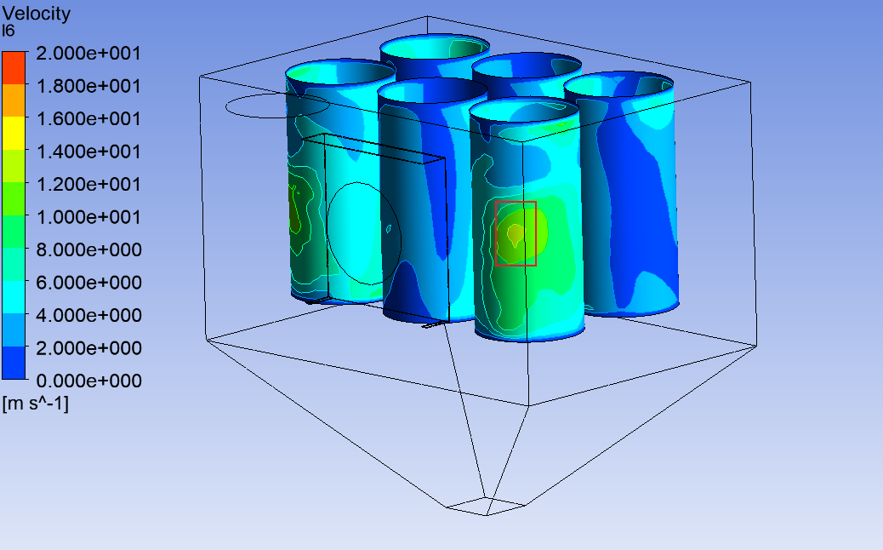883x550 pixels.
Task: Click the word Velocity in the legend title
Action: pos(37,14)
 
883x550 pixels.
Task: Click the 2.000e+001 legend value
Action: pos(88,54)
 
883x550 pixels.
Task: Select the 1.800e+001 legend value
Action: pos(88,86)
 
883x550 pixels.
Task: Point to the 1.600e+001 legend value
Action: pos(88,119)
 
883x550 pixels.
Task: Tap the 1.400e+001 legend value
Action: pos(88,152)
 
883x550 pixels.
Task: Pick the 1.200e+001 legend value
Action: pos(88,184)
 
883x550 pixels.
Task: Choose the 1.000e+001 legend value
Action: pos(88,217)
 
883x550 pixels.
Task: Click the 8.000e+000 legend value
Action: pos(88,249)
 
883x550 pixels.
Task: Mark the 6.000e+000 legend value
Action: pos(88,283)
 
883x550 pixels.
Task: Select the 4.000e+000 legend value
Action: pos(88,315)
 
